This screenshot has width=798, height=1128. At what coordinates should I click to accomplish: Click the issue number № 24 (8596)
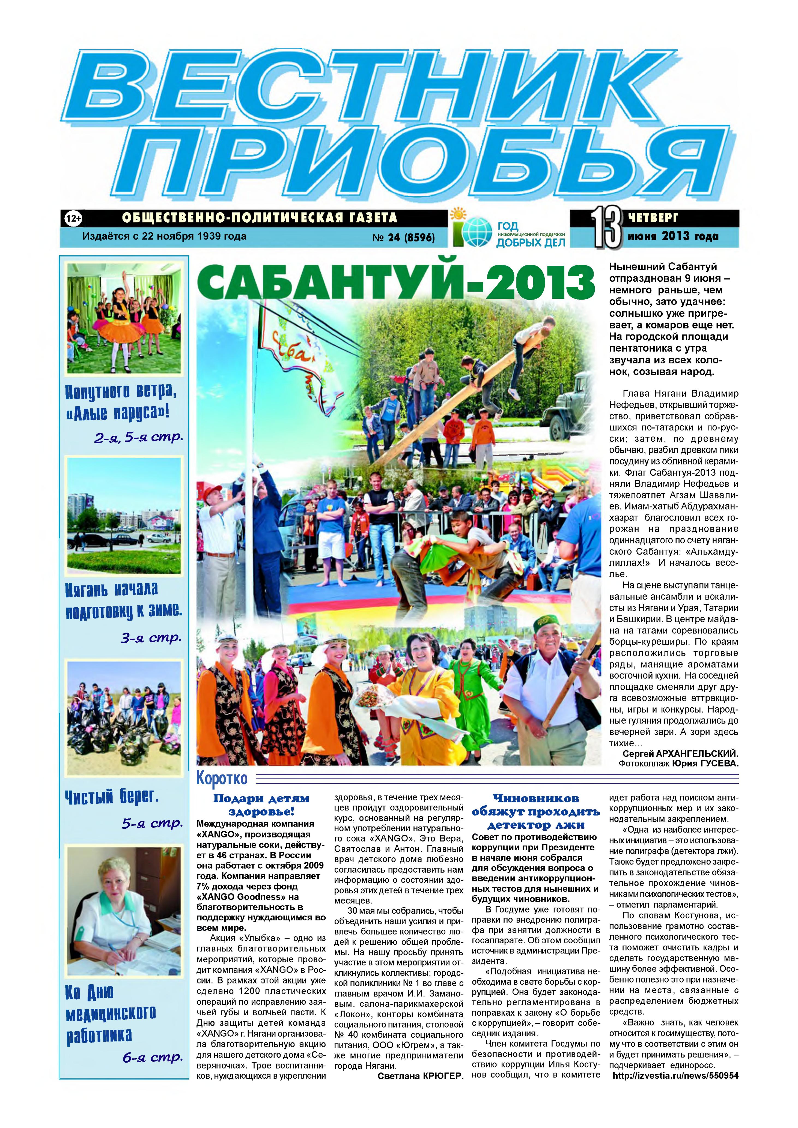point(403,238)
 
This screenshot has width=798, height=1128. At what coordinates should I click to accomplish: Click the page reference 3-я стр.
point(151,638)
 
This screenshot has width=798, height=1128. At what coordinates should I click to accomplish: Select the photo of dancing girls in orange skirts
point(124,318)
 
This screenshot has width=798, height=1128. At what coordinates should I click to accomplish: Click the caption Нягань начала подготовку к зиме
point(124,600)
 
